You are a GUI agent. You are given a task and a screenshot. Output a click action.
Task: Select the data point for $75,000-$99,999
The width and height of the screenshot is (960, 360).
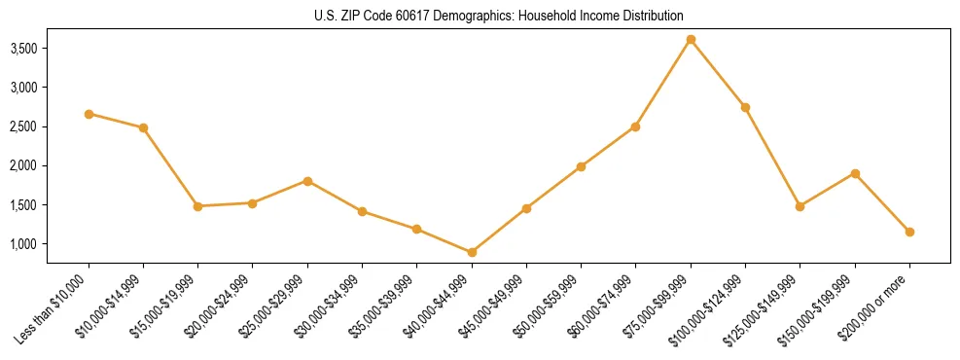[691, 39]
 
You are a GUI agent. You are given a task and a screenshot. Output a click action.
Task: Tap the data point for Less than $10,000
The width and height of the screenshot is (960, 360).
[89, 114]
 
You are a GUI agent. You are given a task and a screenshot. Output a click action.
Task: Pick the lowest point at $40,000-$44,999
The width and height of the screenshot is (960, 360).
[472, 252]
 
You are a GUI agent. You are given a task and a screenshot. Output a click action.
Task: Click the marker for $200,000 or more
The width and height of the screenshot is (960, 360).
[909, 232]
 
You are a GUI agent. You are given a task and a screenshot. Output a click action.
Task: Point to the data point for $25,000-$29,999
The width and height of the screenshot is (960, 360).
[307, 181]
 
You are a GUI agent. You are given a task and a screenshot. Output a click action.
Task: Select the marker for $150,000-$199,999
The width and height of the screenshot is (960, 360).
[855, 173]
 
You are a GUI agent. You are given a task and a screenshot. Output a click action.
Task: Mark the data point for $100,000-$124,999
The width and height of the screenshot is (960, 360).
[745, 107]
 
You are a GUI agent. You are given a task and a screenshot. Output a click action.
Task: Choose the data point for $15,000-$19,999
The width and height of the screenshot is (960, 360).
[198, 206]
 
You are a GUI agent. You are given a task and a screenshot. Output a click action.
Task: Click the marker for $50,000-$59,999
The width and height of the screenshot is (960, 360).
[581, 166]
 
